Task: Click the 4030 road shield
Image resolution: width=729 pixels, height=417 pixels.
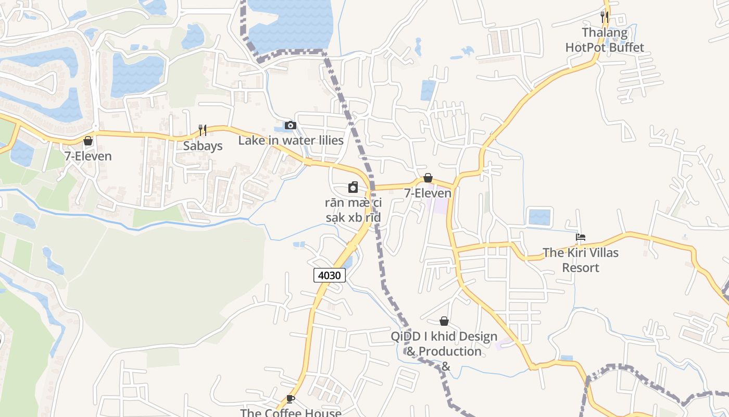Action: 330,275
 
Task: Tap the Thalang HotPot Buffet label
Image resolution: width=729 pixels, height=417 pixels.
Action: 605,40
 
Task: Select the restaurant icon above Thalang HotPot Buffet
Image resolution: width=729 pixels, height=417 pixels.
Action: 604,17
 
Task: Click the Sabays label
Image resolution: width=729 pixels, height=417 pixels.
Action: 203,146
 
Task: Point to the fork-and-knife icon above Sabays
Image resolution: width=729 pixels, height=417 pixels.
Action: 203,130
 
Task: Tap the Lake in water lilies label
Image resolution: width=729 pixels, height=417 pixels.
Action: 291,140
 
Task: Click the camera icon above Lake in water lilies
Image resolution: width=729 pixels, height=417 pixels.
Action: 291,125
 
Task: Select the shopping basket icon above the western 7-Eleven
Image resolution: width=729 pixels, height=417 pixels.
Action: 88,141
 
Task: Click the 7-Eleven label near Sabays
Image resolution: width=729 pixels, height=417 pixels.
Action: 88,156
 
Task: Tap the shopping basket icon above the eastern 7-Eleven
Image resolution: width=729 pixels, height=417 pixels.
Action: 428,178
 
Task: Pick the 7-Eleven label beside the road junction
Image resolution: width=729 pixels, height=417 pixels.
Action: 428,193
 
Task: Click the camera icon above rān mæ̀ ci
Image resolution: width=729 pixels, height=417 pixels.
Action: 353,187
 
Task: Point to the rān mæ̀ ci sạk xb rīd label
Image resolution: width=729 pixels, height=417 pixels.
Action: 353,210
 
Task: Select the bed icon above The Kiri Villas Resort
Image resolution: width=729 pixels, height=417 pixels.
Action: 581,237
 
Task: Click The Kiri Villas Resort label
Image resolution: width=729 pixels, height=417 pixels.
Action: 581,260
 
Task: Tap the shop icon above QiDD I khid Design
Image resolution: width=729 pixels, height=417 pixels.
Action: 444,321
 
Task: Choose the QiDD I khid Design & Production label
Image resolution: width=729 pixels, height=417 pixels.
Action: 444,345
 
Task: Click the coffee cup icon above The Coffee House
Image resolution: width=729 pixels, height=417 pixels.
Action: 291,399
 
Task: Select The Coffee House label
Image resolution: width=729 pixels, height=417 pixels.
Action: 291,412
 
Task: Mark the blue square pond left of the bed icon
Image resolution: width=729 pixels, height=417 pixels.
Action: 539,216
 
